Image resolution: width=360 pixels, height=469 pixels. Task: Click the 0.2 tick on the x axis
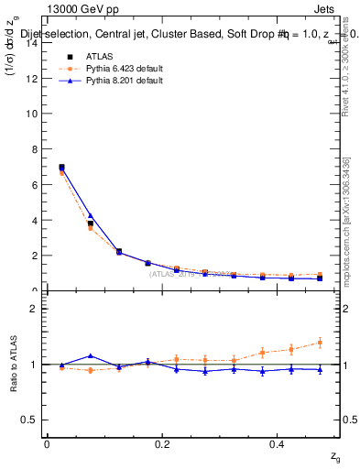162,444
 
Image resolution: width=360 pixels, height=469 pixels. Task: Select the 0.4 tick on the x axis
278,444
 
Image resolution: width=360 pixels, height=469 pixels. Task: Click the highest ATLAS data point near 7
61,168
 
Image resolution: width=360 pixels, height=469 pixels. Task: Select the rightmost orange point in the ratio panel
320,343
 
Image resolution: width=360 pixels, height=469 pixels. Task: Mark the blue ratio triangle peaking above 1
90,355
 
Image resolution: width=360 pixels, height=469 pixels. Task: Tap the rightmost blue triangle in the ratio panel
320,369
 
